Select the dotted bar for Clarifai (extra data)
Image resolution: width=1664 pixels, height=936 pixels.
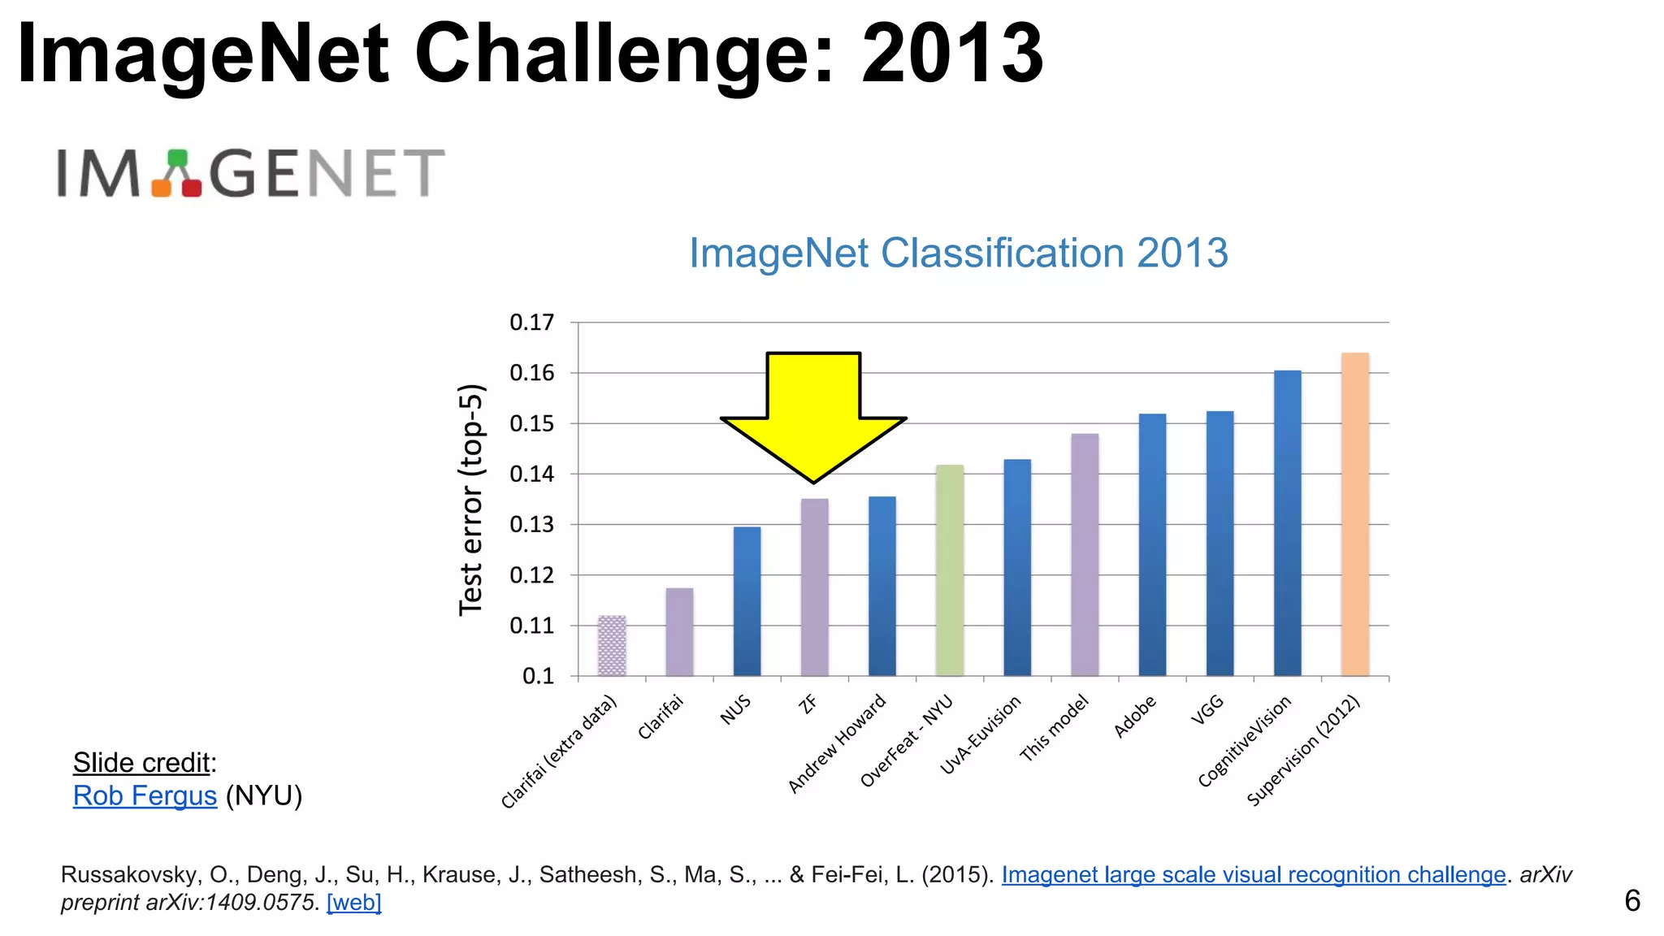point(612,646)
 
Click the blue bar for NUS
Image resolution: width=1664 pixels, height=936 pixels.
point(747,601)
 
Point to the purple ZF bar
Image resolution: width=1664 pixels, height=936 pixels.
point(814,587)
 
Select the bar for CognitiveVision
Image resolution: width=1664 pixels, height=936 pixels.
point(1287,523)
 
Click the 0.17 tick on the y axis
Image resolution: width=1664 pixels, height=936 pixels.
point(531,323)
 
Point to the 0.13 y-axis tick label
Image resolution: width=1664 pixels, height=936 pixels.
point(531,525)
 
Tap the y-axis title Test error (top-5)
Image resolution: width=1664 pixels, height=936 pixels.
point(471,500)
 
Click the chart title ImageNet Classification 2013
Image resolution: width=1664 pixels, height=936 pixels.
point(958,253)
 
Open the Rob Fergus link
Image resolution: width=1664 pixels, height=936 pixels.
point(145,795)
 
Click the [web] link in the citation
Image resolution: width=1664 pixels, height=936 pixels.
point(353,902)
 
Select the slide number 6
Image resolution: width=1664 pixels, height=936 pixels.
point(1631,900)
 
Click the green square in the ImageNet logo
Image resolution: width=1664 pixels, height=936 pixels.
point(177,158)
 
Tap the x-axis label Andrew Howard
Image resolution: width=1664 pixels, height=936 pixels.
point(837,743)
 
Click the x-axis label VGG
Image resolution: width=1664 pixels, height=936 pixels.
point(1207,709)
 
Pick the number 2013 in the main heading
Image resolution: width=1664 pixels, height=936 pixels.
point(952,54)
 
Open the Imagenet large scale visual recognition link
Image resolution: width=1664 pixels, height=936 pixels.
point(1253,874)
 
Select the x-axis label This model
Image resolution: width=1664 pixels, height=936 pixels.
point(1054,728)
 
